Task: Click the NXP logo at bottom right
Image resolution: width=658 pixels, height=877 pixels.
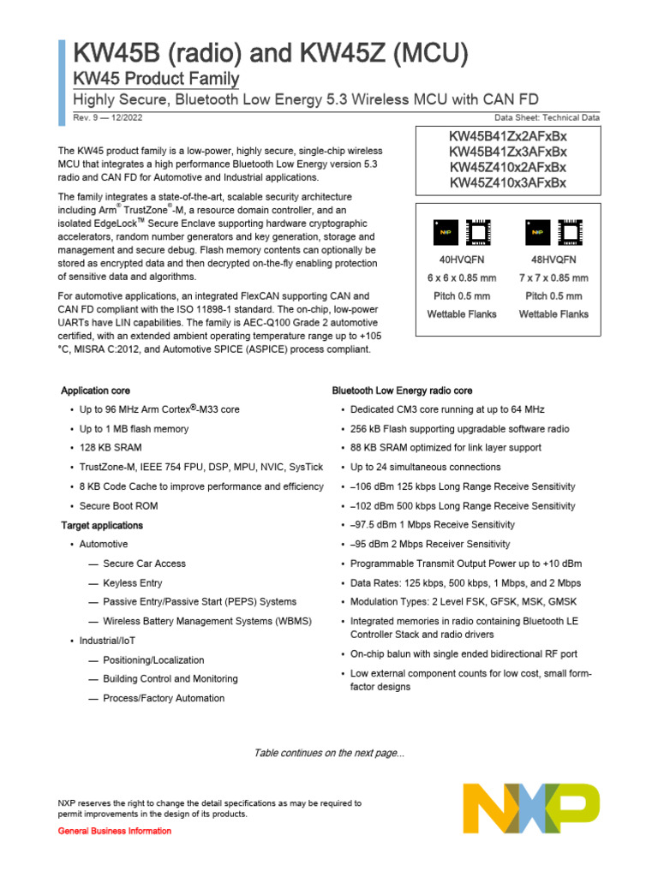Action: click(531, 808)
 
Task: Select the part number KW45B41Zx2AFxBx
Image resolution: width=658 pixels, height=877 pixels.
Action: click(508, 136)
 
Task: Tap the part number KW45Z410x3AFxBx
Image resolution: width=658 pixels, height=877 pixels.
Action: click(508, 182)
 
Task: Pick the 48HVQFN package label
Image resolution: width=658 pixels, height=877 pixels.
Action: click(553, 259)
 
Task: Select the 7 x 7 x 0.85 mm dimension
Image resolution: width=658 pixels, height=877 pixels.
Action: click(553, 277)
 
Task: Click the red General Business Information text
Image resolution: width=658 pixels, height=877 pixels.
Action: click(114, 832)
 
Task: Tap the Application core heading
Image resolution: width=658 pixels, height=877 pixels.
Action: click(96, 391)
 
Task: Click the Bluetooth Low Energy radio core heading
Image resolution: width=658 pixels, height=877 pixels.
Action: click(402, 391)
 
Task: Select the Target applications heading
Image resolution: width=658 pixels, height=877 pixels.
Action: click(102, 525)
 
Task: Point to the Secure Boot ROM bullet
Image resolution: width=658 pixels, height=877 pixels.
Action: click(119, 506)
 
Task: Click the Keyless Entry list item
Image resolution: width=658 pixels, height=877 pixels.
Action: click(132, 583)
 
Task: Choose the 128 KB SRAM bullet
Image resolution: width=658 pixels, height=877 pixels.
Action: click(111, 448)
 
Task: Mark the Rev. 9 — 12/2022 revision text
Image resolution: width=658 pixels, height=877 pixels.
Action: click(96, 117)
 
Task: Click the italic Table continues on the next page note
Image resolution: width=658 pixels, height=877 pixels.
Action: click(329, 753)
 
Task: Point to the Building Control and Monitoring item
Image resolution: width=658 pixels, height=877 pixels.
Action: click(170, 679)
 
